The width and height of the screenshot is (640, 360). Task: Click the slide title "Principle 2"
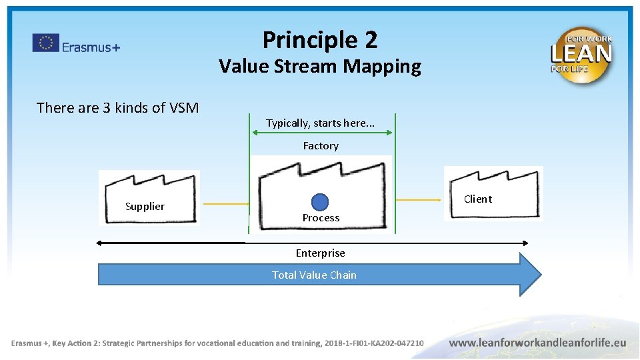pos(320,40)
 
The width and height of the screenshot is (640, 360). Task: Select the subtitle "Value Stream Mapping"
pos(320,67)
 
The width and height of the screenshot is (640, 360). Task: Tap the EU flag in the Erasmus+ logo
pos(45,43)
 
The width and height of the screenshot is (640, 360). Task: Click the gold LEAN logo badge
pos(581,55)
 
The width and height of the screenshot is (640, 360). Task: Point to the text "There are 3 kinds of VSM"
pos(117,107)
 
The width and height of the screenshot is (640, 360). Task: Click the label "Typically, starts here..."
pos(320,123)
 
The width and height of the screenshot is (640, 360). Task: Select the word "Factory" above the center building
pos(321,145)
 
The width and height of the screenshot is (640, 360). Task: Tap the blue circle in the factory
pos(321,202)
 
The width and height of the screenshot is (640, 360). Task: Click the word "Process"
pos(321,218)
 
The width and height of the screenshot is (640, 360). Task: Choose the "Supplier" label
pos(145,206)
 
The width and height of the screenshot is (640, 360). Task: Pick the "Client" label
pos(478,199)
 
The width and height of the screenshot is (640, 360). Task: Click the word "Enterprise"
pos(321,253)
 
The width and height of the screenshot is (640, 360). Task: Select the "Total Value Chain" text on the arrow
pos(314,275)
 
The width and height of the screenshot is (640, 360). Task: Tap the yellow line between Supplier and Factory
pos(225,203)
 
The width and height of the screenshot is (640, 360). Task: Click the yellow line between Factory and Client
pos(421,199)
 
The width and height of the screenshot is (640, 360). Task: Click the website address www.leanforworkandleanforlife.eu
pos(537,343)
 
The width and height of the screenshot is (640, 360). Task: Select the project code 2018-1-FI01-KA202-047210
pos(374,343)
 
